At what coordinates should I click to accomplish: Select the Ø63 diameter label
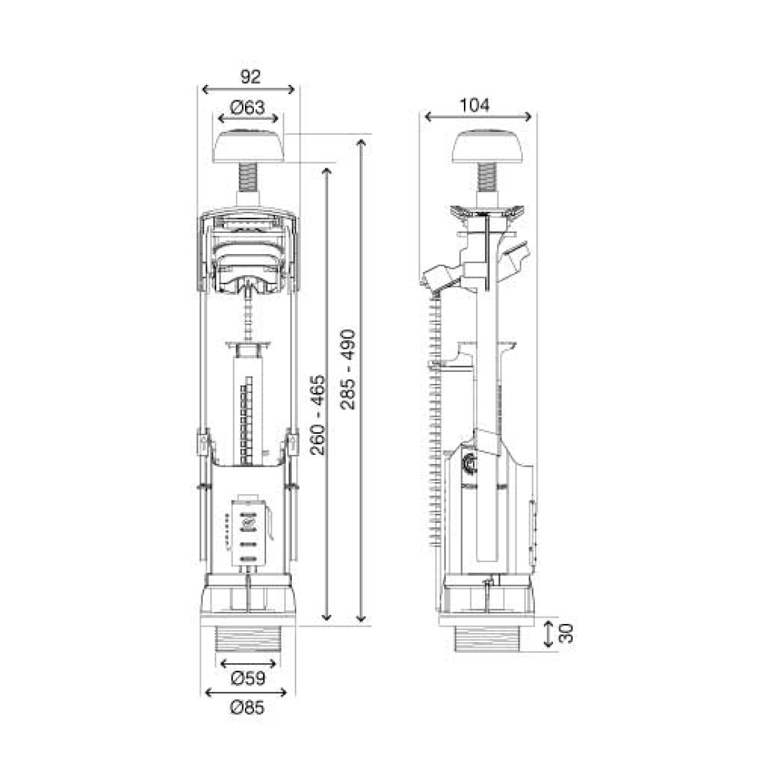click(x=246, y=108)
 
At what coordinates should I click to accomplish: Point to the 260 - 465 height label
click(x=318, y=415)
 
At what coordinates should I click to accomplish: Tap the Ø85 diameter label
click(x=248, y=707)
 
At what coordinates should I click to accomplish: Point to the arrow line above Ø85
click(x=248, y=693)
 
